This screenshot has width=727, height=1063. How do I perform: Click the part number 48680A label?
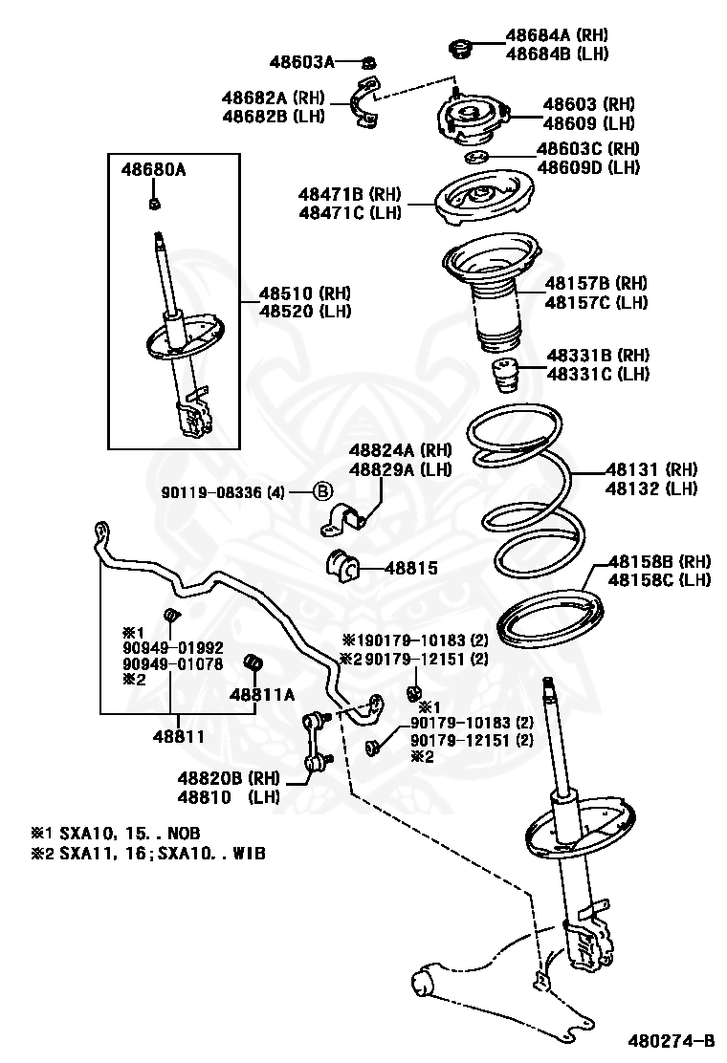tap(153, 171)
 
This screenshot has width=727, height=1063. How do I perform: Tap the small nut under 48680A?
tap(153, 203)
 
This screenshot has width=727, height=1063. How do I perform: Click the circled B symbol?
tap(322, 492)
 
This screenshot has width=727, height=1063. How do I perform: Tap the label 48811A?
tap(260, 696)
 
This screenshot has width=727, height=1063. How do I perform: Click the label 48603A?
tap(302, 62)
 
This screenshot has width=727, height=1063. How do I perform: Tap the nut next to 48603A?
tap(369, 63)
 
